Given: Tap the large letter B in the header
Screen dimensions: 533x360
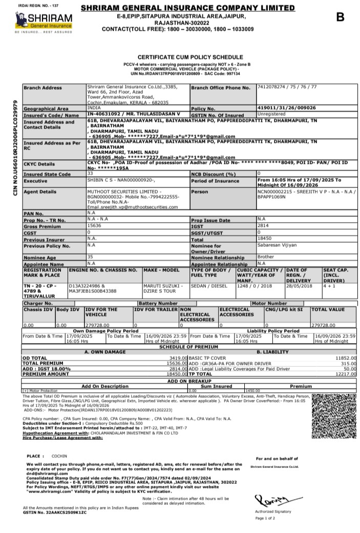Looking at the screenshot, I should [340, 17].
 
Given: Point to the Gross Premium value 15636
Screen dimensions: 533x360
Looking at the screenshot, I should [95, 226].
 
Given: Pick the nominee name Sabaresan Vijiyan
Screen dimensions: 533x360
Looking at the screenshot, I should [278, 245].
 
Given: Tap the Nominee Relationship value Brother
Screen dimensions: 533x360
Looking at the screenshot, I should [266, 257].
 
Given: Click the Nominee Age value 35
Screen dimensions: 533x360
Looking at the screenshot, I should [90, 257].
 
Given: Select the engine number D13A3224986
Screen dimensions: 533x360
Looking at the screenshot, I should [88, 286].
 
